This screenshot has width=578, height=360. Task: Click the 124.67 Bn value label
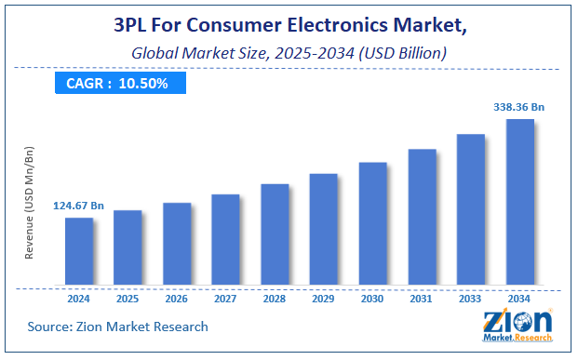(79, 206)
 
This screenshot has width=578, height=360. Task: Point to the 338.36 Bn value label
(519, 107)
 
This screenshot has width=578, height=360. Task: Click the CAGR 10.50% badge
(116, 83)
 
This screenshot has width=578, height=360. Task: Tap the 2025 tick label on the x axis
(128, 299)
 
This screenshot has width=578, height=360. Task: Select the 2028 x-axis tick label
(276, 299)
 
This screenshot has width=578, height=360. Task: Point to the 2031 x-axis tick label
(422, 299)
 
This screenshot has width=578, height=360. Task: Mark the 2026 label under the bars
(177, 299)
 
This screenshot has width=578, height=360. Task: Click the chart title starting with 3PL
(289, 26)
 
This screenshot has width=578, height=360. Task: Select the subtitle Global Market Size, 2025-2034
(289, 54)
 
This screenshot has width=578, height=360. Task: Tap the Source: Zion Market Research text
(118, 327)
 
